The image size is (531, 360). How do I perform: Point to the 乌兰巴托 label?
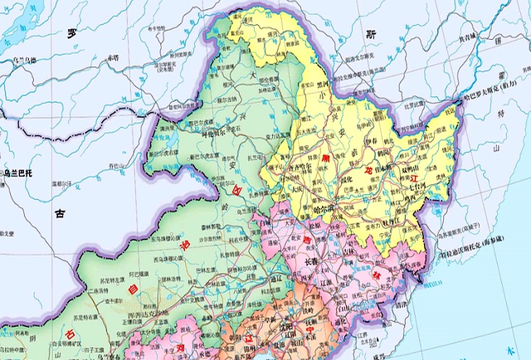point(17,173)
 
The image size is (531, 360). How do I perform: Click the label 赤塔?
point(111,59)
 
